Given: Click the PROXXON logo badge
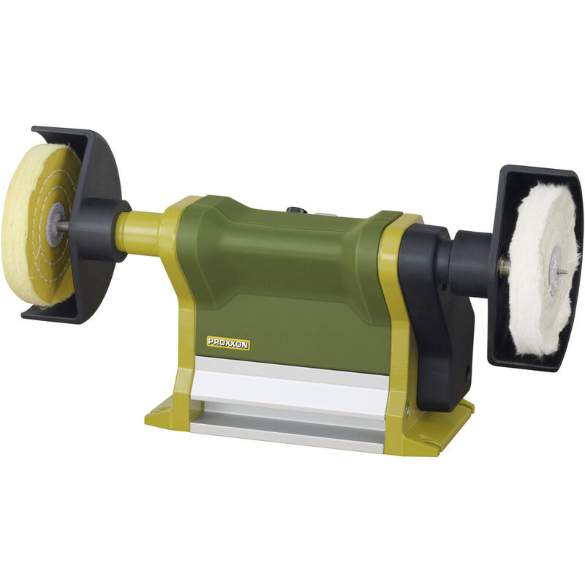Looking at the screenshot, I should click(x=227, y=343).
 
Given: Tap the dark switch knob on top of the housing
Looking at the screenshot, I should click(x=295, y=211).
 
